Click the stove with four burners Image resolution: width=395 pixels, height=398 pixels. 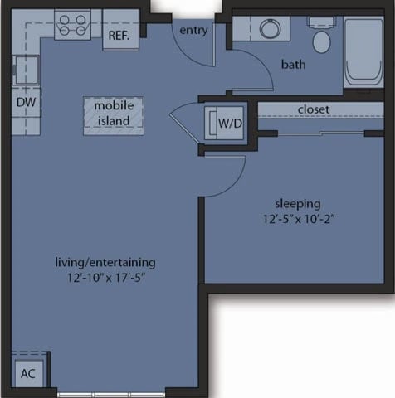pos(73,24)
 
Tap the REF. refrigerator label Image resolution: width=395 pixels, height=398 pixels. pos(119,35)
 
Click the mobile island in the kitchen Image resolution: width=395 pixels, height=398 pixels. pos(113,115)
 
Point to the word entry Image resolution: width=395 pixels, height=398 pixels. pos(193,31)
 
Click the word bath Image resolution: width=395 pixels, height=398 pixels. pos(294,65)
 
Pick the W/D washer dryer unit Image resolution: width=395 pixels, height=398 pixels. pos(225,124)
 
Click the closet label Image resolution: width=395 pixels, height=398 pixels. pos(313,109)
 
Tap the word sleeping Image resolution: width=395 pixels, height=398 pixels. pos(298,203)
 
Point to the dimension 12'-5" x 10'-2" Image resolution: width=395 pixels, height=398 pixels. pos(298,219)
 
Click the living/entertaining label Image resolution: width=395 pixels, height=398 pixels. pos(105,263)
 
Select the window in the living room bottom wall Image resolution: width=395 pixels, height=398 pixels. pos(112,392)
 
